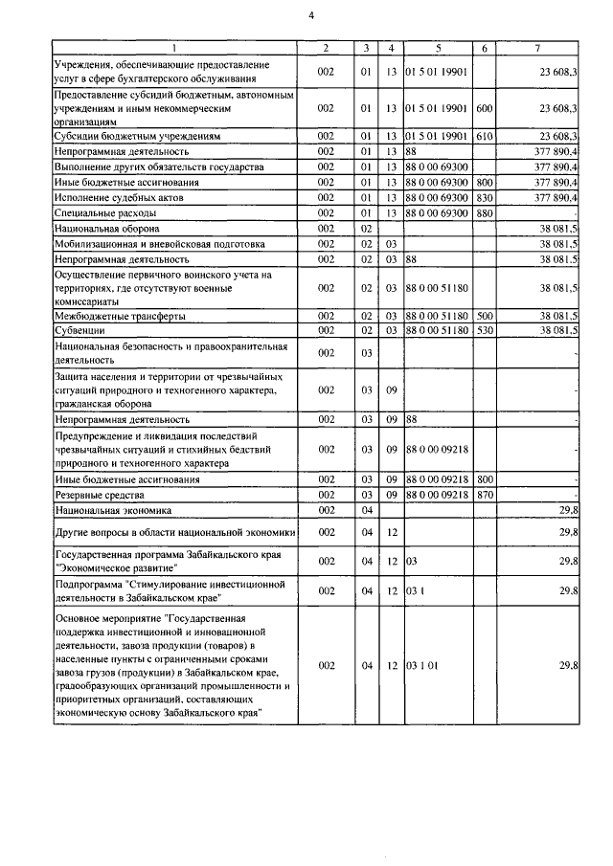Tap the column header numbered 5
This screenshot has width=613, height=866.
tap(437, 48)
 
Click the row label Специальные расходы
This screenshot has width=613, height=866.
tap(99, 213)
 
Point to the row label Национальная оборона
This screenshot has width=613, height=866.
tap(106, 230)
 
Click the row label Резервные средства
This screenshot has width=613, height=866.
tap(100, 495)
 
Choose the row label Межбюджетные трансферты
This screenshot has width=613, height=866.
tap(120, 316)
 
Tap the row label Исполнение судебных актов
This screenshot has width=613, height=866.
tap(118, 198)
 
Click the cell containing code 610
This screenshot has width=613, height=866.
tap(484, 137)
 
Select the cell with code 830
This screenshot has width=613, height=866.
tap(484, 198)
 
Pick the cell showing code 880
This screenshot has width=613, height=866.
tap(484, 213)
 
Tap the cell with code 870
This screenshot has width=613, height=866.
tap(484, 495)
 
